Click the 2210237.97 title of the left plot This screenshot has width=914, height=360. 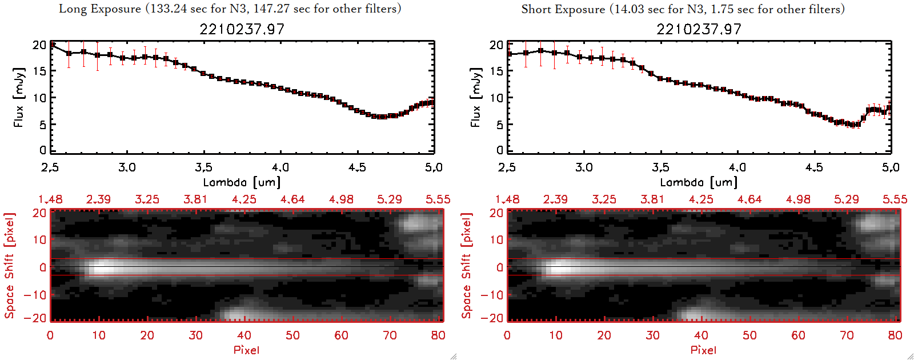pos(242,29)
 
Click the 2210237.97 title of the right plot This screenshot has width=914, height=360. pos(699,29)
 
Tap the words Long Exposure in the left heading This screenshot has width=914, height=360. pos(100,9)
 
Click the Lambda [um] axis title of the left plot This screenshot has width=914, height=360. pos(242,182)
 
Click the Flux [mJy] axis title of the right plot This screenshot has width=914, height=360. pos(475,97)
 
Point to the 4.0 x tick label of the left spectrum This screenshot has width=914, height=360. pos(280,167)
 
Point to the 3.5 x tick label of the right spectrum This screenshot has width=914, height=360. pos(660,167)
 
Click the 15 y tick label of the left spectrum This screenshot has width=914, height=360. pos(39,71)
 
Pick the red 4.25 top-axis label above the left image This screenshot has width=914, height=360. pos(244,199)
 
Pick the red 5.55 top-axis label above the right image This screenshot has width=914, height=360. pos(895,199)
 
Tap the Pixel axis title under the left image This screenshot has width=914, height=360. pos(246,350)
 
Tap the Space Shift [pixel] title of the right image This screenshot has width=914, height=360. pos(466,266)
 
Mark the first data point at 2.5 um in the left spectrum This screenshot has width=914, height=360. pos(53,45)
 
